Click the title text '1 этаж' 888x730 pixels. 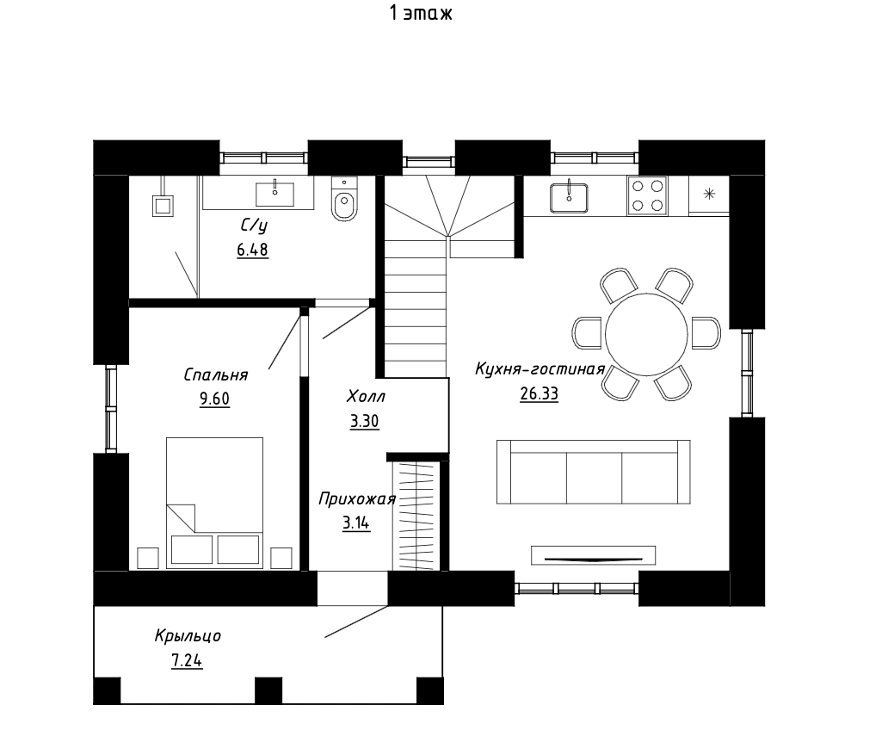click(422, 13)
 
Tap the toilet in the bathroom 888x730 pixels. click(344, 199)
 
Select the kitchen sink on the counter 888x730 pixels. click(569, 196)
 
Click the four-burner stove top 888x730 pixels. click(647, 195)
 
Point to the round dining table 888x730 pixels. click(646, 334)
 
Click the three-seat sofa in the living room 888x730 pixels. click(594, 472)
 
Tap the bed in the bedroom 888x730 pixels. click(214, 502)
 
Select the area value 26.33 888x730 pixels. click(540, 393)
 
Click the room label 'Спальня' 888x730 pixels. click(216, 374)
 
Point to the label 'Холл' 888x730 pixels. click(366, 396)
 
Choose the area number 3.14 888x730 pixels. click(356, 523)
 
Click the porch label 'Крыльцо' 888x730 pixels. click(188, 636)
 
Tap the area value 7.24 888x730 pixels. click(187, 661)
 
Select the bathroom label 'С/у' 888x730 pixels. click(254, 226)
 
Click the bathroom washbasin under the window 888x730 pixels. click(274, 194)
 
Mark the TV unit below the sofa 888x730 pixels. click(593, 555)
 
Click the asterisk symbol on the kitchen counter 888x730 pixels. click(709, 195)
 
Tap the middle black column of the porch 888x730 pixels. click(268, 690)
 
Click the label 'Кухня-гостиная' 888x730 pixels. click(540, 369)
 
